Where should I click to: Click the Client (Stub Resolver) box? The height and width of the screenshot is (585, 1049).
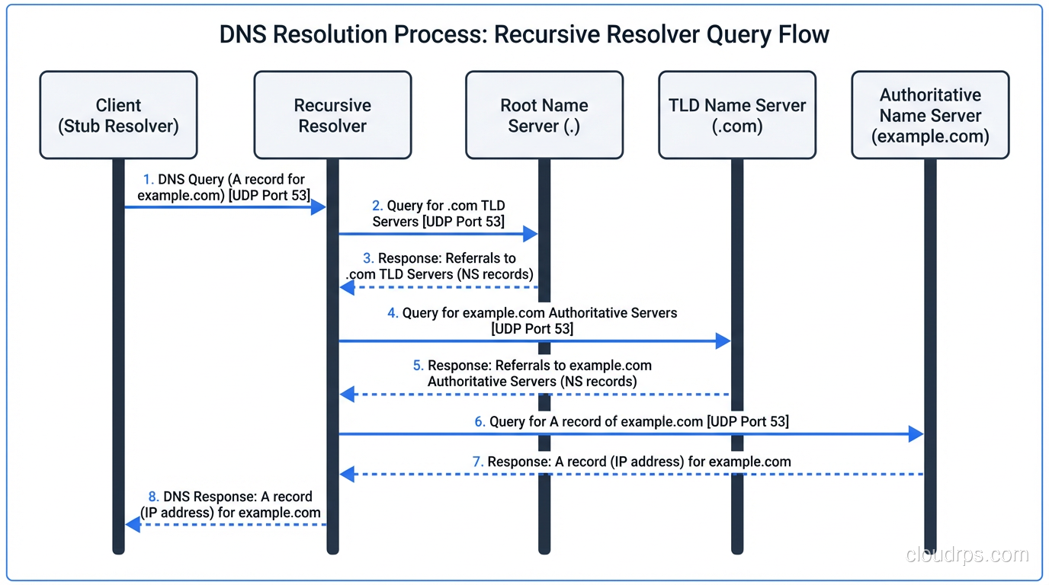[x=118, y=115]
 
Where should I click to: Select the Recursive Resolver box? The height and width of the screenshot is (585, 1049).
[x=332, y=115]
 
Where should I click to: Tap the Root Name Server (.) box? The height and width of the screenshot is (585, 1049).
[x=544, y=115]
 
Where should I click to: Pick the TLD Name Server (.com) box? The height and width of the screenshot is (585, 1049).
[x=737, y=115]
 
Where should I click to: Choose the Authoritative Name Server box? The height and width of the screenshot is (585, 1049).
[x=930, y=115]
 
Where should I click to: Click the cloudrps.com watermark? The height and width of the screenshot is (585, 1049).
[x=967, y=555]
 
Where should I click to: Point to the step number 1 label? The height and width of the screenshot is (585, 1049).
[x=148, y=180]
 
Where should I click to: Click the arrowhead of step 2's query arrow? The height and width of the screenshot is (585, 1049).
[x=531, y=234]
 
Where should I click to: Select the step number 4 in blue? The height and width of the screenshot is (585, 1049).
[x=393, y=313]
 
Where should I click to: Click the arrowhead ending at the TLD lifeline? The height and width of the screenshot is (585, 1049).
[x=723, y=341]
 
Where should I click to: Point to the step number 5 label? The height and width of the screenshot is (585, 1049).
[x=418, y=366]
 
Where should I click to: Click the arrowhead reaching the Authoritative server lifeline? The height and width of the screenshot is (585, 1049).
[x=916, y=434]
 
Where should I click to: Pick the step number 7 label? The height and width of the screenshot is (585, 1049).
[x=478, y=462]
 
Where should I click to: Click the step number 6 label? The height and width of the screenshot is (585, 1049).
[x=480, y=421]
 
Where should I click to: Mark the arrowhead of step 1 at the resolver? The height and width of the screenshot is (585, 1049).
[x=318, y=207]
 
